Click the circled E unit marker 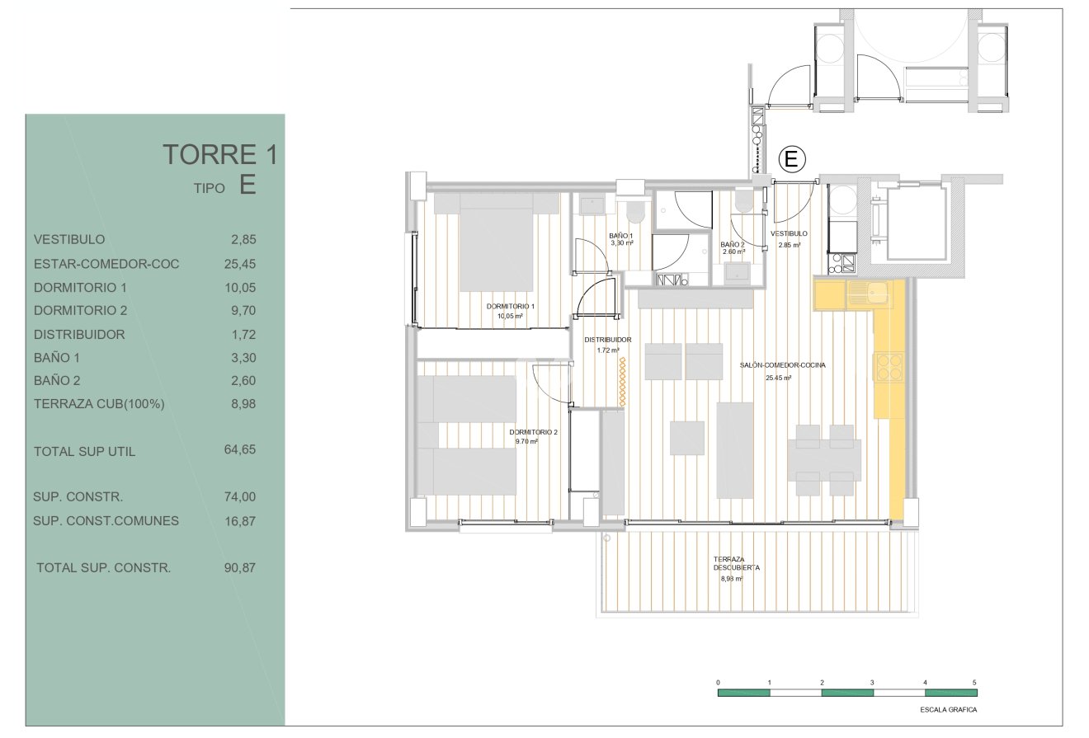pyautogui.click(x=791, y=159)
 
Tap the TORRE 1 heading pyautogui.click(x=220, y=154)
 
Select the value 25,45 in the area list pyautogui.click(x=240, y=264)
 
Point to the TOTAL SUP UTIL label pyautogui.click(x=85, y=451)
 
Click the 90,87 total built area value pyautogui.click(x=240, y=567)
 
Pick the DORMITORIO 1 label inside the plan pyautogui.click(x=511, y=306)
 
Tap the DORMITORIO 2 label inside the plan pyautogui.click(x=533, y=432)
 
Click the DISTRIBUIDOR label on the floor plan pyautogui.click(x=608, y=340)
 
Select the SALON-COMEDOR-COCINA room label pyautogui.click(x=783, y=365)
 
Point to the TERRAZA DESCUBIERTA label pyautogui.click(x=736, y=563)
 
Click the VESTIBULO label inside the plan pyautogui.click(x=789, y=233)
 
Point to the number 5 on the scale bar pyautogui.click(x=974, y=682)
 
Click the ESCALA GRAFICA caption pyautogui.click(x=949, y=710)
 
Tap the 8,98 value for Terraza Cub pyautogui.click(x=243, y=404)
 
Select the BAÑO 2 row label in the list pyautogui.click(x=57, y=380)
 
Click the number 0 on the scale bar pyautogui.click(x=718, y=682)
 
